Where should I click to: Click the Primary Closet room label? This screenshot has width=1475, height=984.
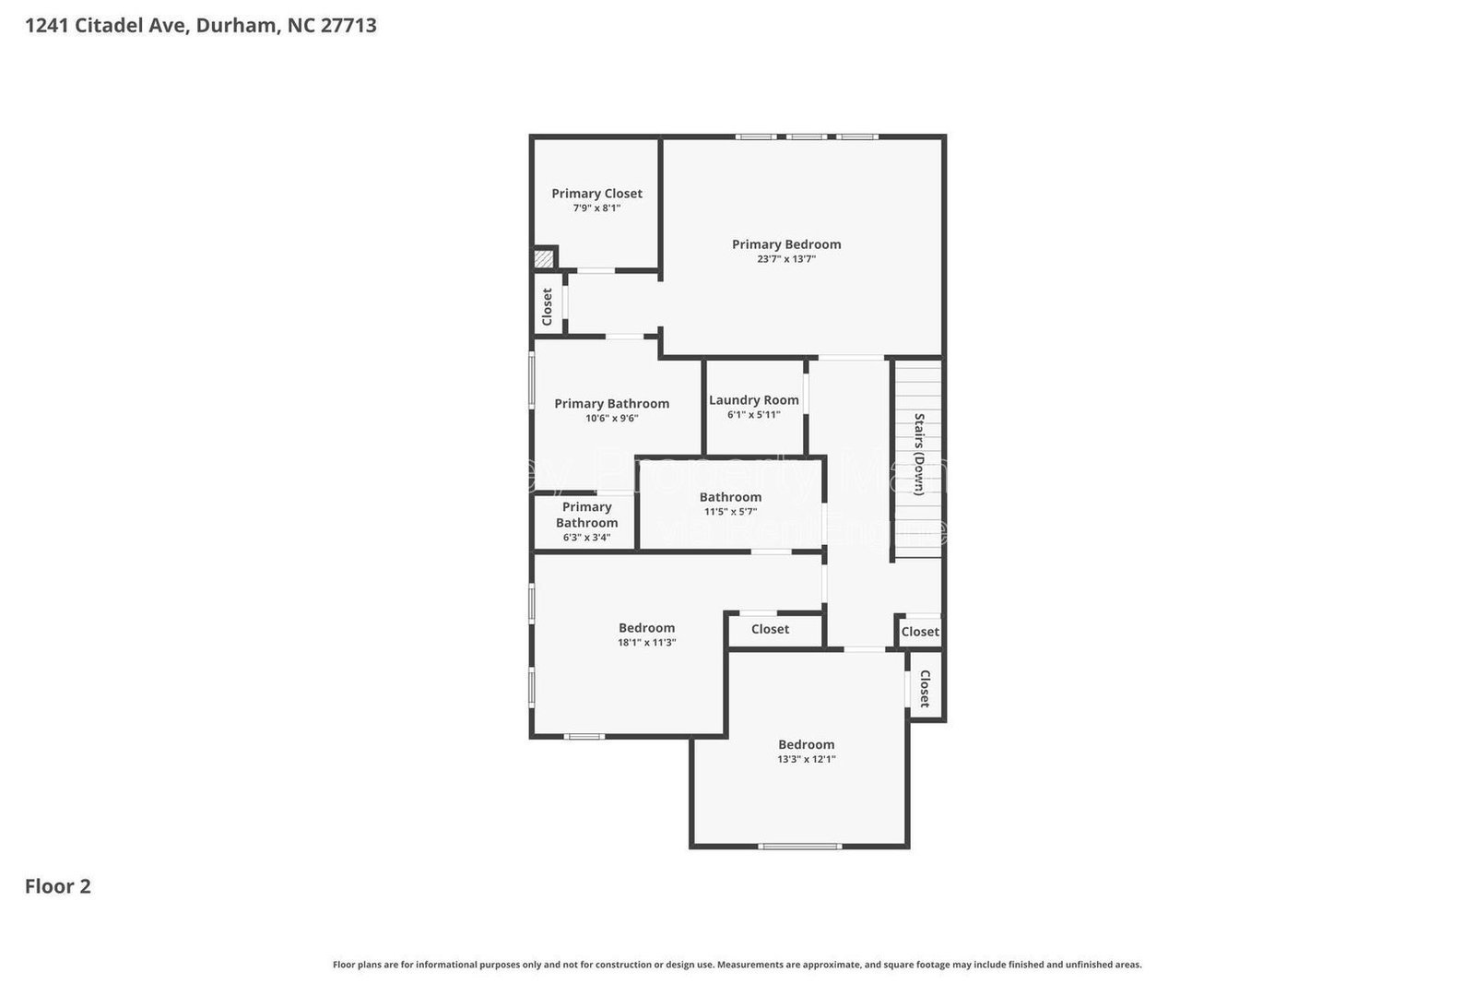[596, 193]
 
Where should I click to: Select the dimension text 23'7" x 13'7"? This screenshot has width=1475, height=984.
[786, 259]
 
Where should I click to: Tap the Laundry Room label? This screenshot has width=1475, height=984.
[753, 399]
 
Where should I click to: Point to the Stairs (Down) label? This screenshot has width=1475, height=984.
[919, 454]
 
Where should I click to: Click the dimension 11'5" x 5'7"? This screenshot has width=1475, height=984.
[730, 511]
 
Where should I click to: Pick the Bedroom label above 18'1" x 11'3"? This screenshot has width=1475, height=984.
[646, 627]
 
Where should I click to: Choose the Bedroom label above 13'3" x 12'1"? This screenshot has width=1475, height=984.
[806, 744]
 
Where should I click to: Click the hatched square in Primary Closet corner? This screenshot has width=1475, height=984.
[546, 259]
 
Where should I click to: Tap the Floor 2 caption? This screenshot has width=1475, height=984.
[57, 886]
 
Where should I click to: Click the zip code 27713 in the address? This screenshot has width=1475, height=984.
[348, 25]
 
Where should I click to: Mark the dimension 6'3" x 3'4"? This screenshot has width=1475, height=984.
[586, 537]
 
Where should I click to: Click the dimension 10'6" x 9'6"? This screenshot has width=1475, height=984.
[611, 418]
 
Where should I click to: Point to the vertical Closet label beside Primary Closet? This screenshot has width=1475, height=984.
[547, 306]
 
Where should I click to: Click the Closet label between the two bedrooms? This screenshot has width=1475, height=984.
[770, 629]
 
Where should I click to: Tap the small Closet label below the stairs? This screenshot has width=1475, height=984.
[919, 632]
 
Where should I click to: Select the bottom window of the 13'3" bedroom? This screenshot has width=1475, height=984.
[799, 846]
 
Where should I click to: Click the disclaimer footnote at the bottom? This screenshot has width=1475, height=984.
[737, 965]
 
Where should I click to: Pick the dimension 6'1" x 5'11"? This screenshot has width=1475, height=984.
[753, 414]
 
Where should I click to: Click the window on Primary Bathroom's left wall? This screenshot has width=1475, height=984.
[532, 378]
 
